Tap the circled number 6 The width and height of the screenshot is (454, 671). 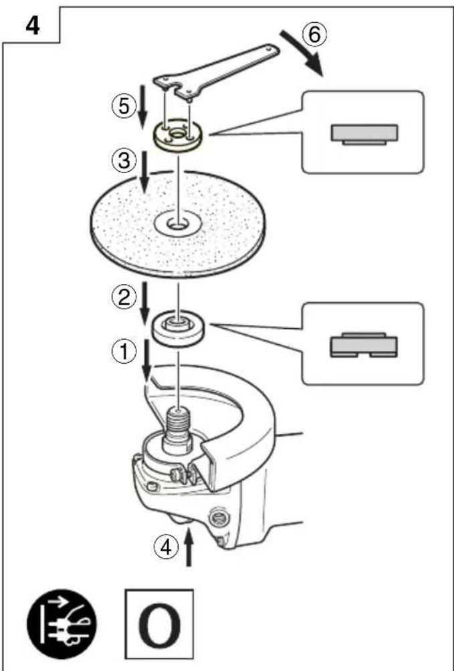314,35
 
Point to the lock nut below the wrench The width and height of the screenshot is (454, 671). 179,136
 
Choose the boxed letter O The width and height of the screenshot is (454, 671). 159,624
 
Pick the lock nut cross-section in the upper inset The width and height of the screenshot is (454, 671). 364,134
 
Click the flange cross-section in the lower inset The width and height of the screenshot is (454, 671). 364,344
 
